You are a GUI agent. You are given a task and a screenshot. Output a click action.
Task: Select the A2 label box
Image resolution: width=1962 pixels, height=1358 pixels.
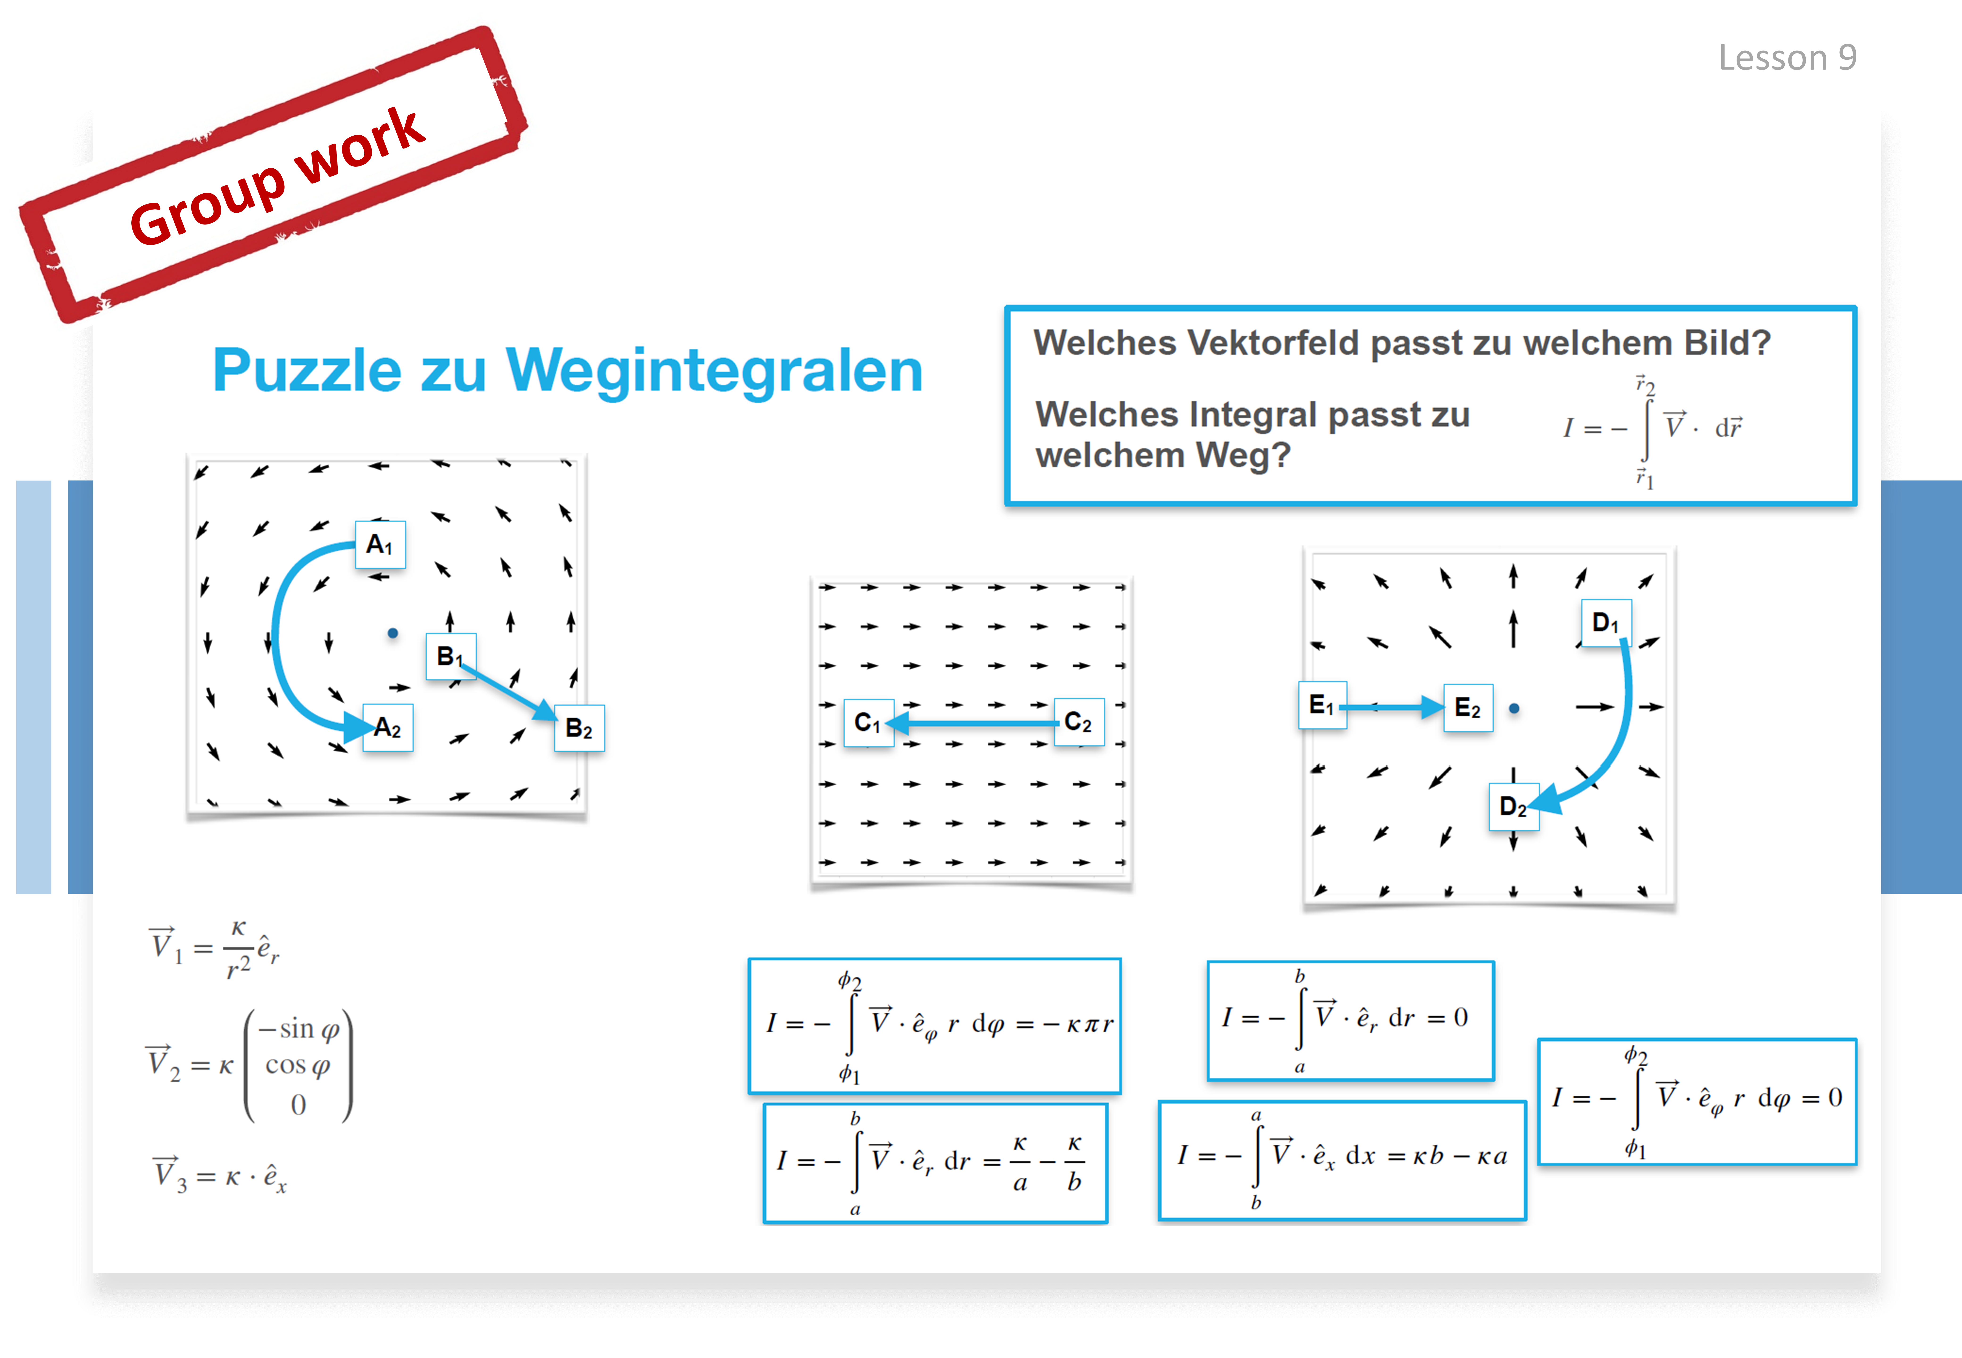388,728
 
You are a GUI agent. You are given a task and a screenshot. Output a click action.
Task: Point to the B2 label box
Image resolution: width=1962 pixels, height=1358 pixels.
579,728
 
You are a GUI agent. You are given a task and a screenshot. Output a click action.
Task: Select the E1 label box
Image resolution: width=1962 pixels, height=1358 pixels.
1322,705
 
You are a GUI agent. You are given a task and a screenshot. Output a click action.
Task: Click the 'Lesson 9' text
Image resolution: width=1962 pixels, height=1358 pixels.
1787,58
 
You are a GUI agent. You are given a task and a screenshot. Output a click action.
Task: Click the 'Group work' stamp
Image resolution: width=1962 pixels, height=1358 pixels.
273,174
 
